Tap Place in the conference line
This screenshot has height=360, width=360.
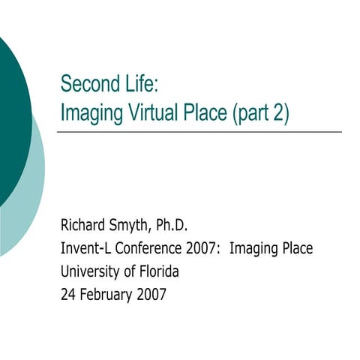click(x=296, y=247)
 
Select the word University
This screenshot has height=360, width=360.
click(x=89, y=271)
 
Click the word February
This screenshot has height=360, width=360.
click(x=107, y=295)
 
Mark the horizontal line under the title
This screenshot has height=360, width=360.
click(x=199, y=132)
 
